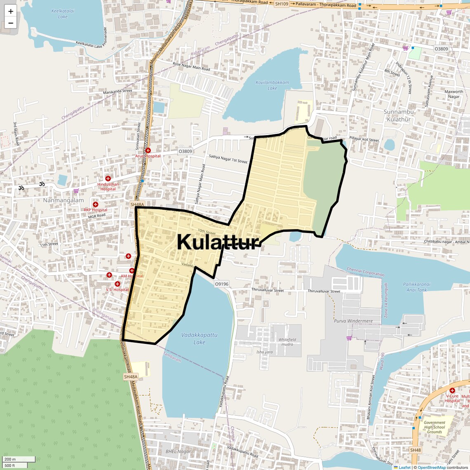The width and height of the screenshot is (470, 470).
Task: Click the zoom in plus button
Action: click(x=11, y=12)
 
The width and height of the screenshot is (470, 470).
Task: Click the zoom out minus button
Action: click(x=11, y=23)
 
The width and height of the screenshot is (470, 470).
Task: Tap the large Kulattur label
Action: click(x=218, y=242)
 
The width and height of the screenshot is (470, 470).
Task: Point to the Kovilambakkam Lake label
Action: click(x=272, y=85)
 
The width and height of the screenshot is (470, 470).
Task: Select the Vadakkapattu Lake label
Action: click(x=199, y=338)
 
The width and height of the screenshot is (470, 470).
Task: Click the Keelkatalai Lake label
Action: click(x=63, y=14)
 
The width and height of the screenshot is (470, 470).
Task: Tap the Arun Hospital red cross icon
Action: click(x=148, y=150)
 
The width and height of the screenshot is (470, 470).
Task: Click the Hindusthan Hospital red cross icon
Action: click(x=108, y=179)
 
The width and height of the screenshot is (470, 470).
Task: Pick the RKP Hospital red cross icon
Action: click(x=95, y=204)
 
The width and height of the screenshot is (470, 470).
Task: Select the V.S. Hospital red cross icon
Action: click(x=117, y=284)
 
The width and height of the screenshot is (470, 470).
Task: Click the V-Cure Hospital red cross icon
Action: click(x=452, y=390)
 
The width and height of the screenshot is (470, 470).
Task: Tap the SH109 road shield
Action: click(x=282, y=4)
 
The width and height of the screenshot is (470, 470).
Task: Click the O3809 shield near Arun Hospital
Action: click(x=185, y=151)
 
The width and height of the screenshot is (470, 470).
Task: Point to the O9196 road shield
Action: click(x=221, y=284)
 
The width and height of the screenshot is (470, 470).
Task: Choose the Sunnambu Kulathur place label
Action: click(x=399, y=115)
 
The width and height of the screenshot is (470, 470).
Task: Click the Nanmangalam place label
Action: click(x=63, y=200)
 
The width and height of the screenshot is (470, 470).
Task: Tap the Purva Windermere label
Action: click(x=353, y=321)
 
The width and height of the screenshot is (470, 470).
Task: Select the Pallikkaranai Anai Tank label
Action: click(x=416, y=287)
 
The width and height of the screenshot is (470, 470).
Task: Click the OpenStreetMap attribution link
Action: click(x=431, y=468)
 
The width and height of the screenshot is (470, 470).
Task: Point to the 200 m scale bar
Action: click(x=19, y=459)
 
